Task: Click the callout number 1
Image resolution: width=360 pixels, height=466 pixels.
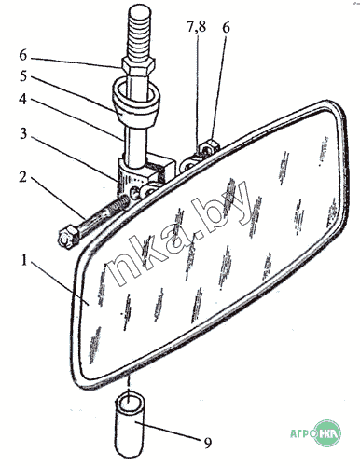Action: coord(24,260)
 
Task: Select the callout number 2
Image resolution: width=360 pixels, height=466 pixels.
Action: coord(22,177)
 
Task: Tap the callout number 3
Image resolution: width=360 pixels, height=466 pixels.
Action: coord(23,133)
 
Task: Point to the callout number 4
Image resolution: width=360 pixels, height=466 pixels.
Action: coord(22,99)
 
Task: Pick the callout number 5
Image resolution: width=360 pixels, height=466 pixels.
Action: coord(23,76)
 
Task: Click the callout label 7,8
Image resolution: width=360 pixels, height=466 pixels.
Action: coord(197,27)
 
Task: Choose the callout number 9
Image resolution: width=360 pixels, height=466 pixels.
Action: coord(208,442)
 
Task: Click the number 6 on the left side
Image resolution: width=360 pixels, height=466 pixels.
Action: coord(23,55)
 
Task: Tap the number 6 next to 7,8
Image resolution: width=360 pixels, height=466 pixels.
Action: coord(226,27)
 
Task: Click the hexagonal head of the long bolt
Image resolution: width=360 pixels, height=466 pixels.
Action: coord(68,237)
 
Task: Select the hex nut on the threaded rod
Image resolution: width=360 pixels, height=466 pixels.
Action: coord(137,67)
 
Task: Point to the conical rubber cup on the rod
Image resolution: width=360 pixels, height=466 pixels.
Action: coord(136,102)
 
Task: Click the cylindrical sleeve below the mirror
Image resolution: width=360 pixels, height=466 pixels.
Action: coord(130,425)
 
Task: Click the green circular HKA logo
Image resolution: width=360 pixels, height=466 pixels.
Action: coord(327,432)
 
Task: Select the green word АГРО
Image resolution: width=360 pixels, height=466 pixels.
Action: coord(301,433)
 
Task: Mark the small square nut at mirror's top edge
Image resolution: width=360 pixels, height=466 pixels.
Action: coord(210,146)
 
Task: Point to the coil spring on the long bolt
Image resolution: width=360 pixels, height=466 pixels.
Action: coord(119,204)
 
